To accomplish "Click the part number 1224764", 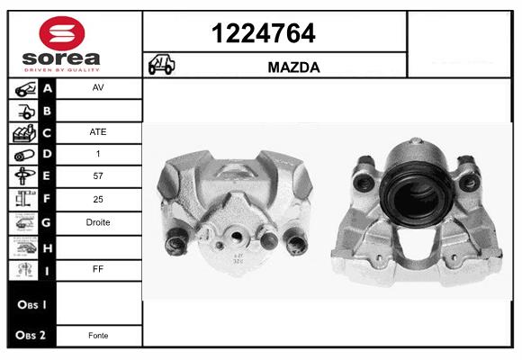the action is coord(264,33).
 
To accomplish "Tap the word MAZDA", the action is coord(294,67).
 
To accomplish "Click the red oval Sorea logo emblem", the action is coord(62,33).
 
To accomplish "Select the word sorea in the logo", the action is coord(61,58).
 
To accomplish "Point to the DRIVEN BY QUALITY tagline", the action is coord(62,70).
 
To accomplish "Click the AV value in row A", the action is coord(98,87).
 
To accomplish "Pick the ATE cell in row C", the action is coord(98,132).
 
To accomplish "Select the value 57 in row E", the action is coord(98,175).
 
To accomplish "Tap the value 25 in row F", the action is coord(98,199).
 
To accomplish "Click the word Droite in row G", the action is coord(98,222).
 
